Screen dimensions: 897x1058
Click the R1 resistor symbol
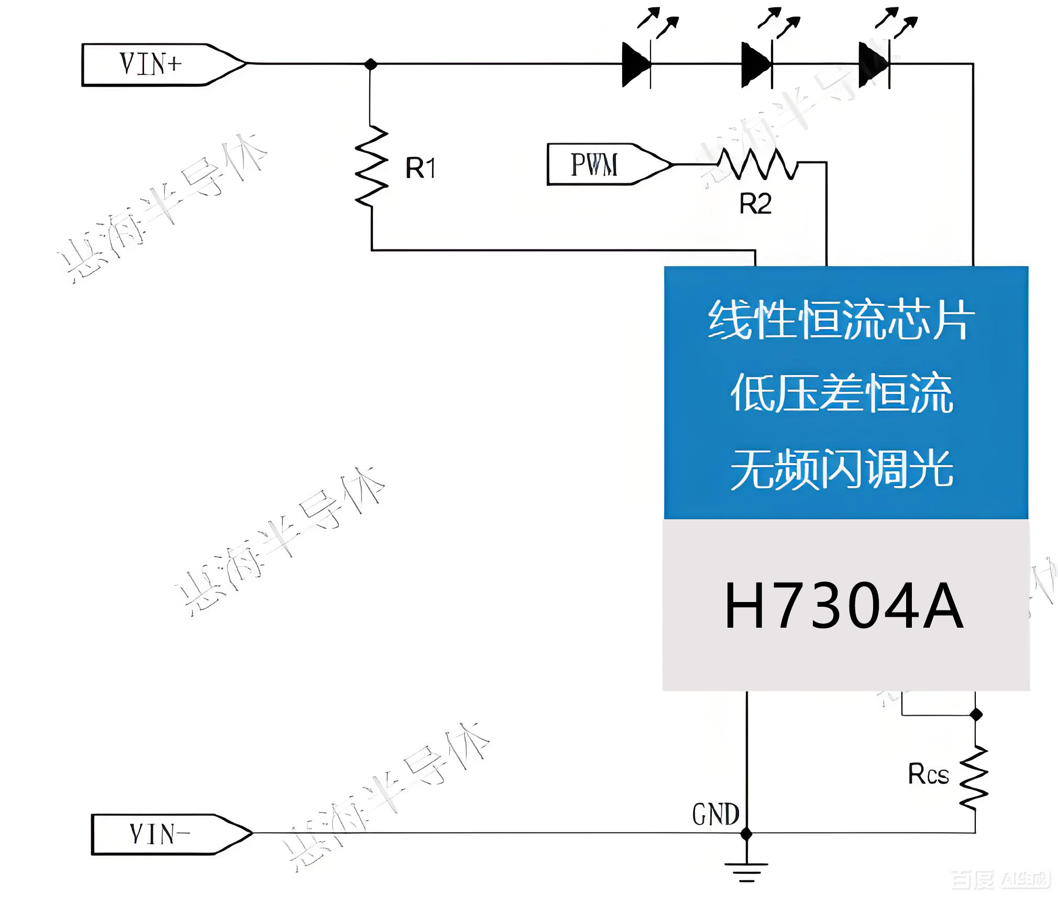pyautogui.click(x=371, y=167)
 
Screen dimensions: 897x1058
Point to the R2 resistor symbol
pyautogui.click(x=757, y=163)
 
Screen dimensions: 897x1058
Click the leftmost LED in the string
pyautogui.click(x=636, y=64)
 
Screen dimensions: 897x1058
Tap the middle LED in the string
pyautogui.click(x=757, y=64)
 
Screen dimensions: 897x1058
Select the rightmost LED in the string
pyautogui.click(x=874, y=64)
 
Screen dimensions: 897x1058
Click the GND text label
pyautogui.click(x=715, y=815)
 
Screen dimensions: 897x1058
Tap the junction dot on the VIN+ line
pyautogui.click(x=371, y=64)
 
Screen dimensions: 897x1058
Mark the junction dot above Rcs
pyautogui.click(x=976, y=714)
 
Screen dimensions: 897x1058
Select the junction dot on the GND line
pyautogui.click(x=747, y=833)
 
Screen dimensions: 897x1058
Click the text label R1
pyautogui.click(x=420, y=168)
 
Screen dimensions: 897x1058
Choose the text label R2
pyautogui.click(x=755, y=204)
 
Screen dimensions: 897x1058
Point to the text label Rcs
pyautogui.click(x=929, y=774)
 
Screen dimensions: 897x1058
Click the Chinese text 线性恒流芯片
pyautogui.click(x=842, y=319)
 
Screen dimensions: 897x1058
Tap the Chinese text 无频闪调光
pyautogui.click(x=842, y=469)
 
